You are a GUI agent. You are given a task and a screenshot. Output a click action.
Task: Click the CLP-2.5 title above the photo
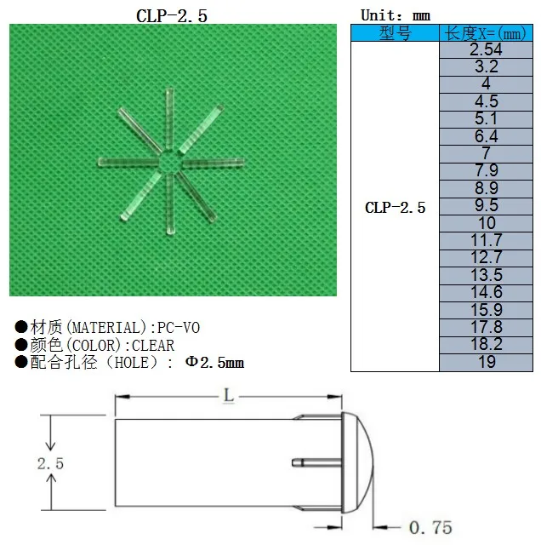172,15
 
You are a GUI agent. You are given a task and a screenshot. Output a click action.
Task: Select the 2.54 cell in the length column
485,49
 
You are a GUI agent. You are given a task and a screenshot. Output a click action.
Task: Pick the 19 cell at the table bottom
485,363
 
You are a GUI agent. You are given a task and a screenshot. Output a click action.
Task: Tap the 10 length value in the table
485,223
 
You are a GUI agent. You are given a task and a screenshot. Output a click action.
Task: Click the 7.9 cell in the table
485,171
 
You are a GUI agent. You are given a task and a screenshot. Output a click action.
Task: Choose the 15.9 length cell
485,310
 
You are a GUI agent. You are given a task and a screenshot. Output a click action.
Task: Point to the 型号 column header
395,33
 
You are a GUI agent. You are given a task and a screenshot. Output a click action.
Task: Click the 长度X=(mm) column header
485,33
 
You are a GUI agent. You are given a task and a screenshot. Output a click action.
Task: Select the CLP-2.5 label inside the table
395,207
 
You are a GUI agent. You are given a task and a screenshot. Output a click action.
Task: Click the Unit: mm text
396,15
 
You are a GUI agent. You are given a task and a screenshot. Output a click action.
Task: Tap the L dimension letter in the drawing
228,397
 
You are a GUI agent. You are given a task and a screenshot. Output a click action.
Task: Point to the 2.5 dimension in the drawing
51,462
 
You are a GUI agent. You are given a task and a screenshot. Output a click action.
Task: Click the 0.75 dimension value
430,527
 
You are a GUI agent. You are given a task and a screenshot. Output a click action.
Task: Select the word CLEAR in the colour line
153,346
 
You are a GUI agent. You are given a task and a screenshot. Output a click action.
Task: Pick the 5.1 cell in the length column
485,119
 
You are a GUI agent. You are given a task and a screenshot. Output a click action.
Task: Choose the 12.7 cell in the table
485,258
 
